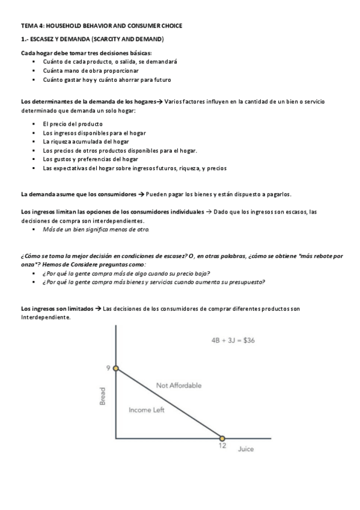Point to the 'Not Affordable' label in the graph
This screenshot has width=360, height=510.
coord(178,385)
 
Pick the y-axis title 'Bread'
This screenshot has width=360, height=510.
coord(102,395)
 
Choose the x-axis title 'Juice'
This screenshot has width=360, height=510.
coord(245,449)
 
